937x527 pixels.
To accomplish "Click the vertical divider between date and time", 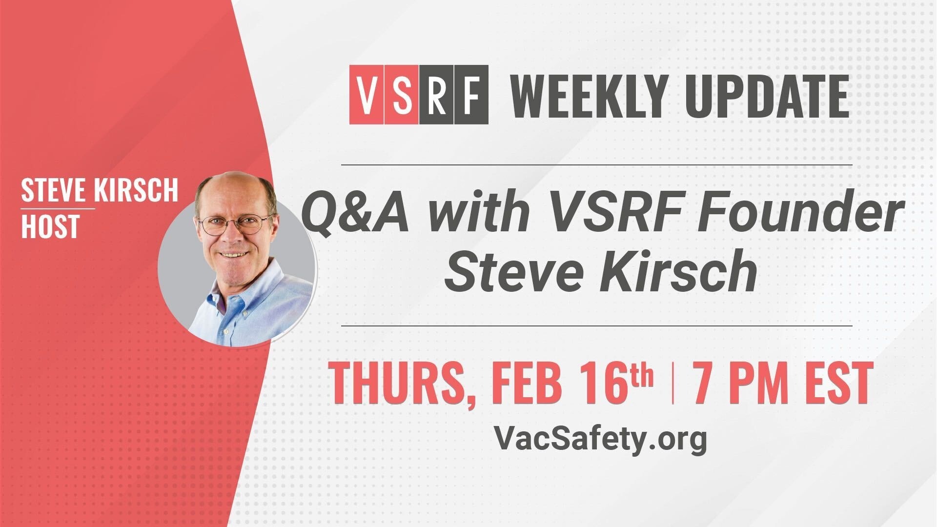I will pyautogui.click(x=673, y=383).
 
